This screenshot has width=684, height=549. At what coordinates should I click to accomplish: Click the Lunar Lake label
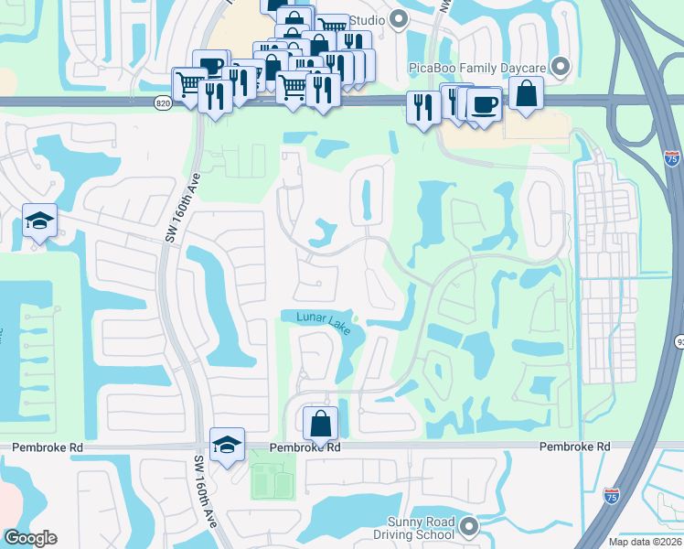323,323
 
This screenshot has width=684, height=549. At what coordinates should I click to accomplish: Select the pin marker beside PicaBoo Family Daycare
561,66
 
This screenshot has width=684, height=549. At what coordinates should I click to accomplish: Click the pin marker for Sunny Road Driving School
469,526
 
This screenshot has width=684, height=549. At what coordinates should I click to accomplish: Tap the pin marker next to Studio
399,18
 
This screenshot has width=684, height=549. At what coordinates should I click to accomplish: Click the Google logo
30,538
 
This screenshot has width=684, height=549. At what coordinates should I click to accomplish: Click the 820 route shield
163,103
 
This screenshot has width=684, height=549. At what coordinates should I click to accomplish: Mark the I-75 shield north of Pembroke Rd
672,157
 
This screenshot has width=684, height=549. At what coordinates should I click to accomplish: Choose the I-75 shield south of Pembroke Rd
612,497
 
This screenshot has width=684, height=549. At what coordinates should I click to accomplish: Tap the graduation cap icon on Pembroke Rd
228,445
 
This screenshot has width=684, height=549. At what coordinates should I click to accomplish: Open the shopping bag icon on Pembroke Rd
321,424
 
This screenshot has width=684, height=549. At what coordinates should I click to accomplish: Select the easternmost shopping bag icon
528,93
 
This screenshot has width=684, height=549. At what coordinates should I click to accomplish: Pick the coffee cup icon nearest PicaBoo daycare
484,102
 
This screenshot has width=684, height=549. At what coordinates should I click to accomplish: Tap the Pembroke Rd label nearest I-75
574,447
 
